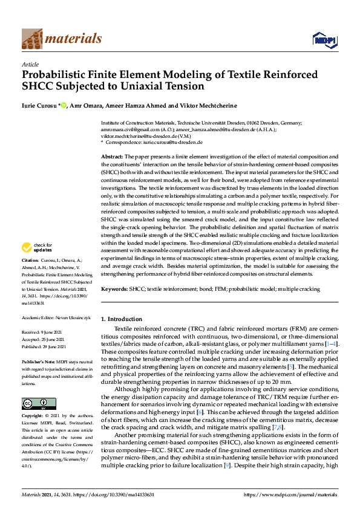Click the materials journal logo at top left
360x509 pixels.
61,39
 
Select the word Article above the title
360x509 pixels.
30,64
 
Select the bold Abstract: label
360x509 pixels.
112,156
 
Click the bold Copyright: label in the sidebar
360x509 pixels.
34,416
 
